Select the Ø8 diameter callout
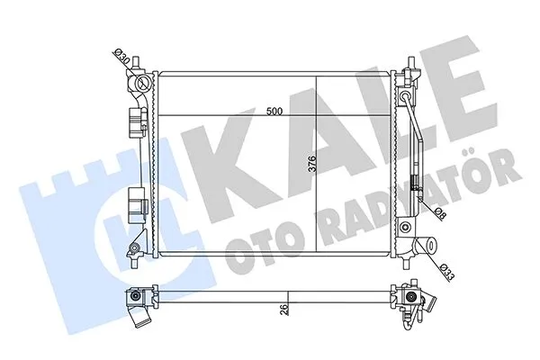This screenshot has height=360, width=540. pyautogui.click(x=439, y=213)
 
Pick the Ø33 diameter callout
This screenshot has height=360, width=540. pyautogui.click(x=447, y=269)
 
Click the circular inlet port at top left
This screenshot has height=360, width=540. pyautogui.click(x=140, y=85)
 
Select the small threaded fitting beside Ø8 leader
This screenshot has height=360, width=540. pyautogui.click(x=415, y=187)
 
